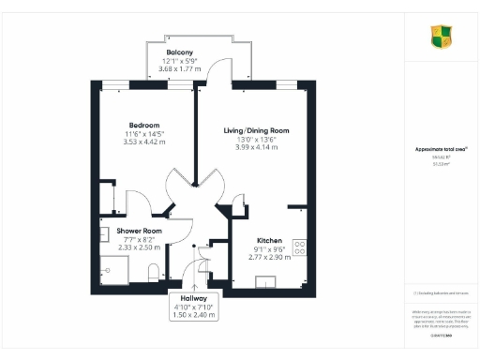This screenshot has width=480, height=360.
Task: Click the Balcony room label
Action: (180, 51)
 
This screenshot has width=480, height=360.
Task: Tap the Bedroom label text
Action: (144, 125)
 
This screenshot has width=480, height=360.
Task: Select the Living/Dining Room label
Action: (255, 130)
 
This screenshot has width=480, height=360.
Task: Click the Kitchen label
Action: (244, 240)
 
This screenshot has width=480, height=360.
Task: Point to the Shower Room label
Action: (139, 231)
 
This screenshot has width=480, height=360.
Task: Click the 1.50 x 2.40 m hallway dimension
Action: (196, 314)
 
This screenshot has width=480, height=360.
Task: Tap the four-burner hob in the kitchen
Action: (301, 247)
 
